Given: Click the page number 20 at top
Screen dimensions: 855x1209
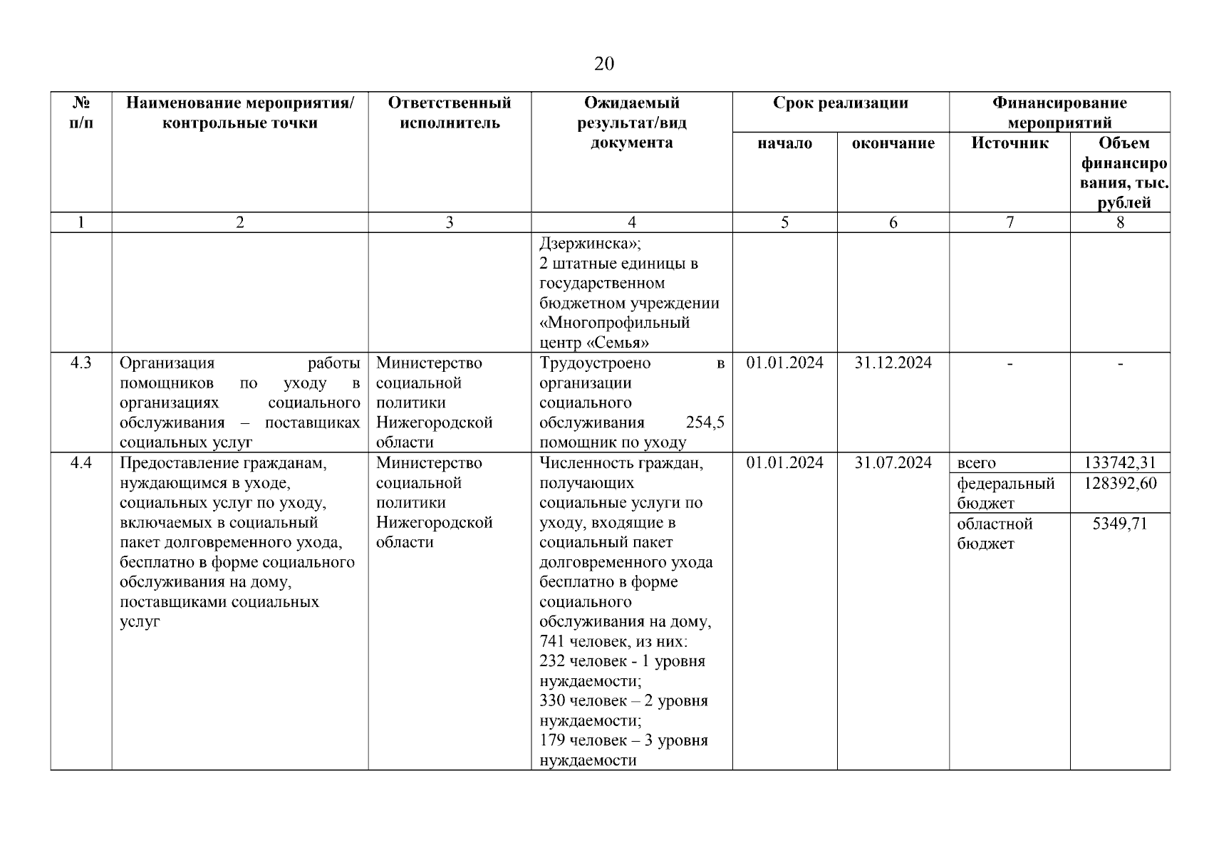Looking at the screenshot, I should coord(603,64).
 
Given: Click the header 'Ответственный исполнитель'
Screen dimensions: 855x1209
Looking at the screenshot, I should coord(449,113).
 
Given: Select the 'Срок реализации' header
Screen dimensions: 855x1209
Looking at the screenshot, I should coord(840,103).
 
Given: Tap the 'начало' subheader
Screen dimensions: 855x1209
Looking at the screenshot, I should coord(784,143).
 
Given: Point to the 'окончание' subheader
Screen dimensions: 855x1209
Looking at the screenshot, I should coord(893,143).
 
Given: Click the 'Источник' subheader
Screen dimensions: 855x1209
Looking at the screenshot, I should coord(1010,143).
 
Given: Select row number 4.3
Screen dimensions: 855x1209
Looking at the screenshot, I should coord(81,363).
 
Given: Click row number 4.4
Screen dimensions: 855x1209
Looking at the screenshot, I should coord(81,463).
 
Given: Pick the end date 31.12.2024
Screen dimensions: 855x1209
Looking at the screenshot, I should coord(893,363).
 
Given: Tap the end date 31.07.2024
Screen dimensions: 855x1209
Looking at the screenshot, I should coord(893,463).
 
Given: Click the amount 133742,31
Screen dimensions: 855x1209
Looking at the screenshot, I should coord(1120,463).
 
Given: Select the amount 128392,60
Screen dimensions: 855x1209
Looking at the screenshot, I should coord(1120,484).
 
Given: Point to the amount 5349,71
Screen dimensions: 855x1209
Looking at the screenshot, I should coord(1120,524).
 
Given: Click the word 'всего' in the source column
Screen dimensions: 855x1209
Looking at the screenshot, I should coord(976,464).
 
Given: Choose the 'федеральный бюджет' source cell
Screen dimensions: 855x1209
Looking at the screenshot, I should coord(1005,493).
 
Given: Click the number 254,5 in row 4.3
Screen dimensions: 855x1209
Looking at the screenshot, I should coord(705,423).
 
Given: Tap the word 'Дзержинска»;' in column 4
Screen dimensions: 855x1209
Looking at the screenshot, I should coord(590,244).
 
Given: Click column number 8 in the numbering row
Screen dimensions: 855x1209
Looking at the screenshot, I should coord(1120,222).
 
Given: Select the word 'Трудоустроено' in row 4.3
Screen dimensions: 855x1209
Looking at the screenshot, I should coord(595,363).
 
